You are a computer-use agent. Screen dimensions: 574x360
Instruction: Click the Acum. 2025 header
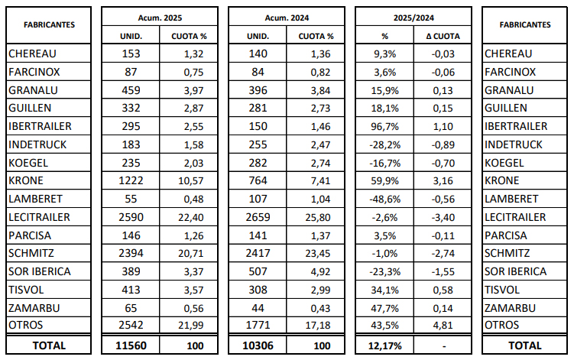coord(160,18)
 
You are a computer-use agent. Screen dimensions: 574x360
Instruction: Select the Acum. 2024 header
coord(287,18)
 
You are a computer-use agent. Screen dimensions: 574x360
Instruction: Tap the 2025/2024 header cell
coord(413,18)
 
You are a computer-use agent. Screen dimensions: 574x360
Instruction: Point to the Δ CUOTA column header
coord(443,36)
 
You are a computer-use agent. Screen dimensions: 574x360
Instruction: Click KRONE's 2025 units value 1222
coord(131,180)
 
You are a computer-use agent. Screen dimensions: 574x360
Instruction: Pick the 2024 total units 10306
coord(258,345)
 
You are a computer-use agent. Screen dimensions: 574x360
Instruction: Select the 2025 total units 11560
coord(131,345)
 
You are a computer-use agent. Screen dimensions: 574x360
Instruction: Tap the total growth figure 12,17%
coord(384,345)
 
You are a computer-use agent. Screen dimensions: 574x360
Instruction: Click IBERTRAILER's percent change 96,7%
coord(384,126)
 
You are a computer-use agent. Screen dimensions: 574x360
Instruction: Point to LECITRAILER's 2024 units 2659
coord(258,217)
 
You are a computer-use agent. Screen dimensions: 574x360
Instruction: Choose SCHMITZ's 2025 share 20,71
coord(191,254)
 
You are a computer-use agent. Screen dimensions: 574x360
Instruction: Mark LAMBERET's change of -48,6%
coord(384,199)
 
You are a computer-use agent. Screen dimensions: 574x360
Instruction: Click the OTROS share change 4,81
coord(443,325)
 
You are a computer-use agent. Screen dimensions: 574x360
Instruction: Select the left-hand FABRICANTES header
coord(49,25)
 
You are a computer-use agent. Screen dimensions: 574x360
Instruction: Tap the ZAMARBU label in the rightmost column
coord(510,308)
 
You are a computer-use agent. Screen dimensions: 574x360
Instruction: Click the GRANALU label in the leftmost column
coord(33,90)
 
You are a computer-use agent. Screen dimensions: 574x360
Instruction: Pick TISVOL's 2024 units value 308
coord(258,290)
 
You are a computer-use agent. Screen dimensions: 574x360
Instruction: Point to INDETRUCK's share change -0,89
coord(443,144)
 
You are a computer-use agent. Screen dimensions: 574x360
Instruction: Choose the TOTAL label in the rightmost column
coord(525,345)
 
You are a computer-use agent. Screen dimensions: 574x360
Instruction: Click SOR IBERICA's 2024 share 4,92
coord(321,272)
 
